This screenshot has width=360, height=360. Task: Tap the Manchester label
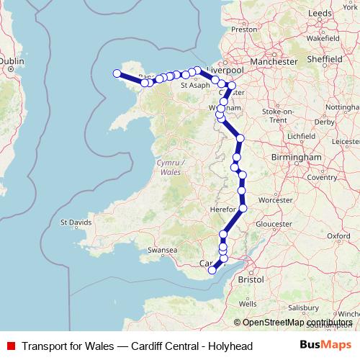click(x=274, y=62)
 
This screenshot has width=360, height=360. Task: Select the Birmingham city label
click(x=297, y=156)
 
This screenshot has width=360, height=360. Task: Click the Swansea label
click(x=162, y=249)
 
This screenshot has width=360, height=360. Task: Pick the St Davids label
click(x=76, y=222)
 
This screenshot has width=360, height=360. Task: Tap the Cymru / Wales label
click(x=170, y=168)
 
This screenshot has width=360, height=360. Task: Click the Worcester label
click(x=275, y=199)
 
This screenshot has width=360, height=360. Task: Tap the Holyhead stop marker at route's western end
click(x=117, y=73)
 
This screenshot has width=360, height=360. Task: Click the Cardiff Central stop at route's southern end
click(x=212, y=271)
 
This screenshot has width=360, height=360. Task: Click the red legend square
click(x=10, y=346)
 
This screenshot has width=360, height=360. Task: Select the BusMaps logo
click(x=326, y=346)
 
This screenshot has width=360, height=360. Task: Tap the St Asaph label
click(x=194, y=85)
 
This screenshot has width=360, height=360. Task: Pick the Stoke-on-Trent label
click(x=278, y=116)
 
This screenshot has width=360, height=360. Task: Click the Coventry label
click(x=321, y=177)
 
